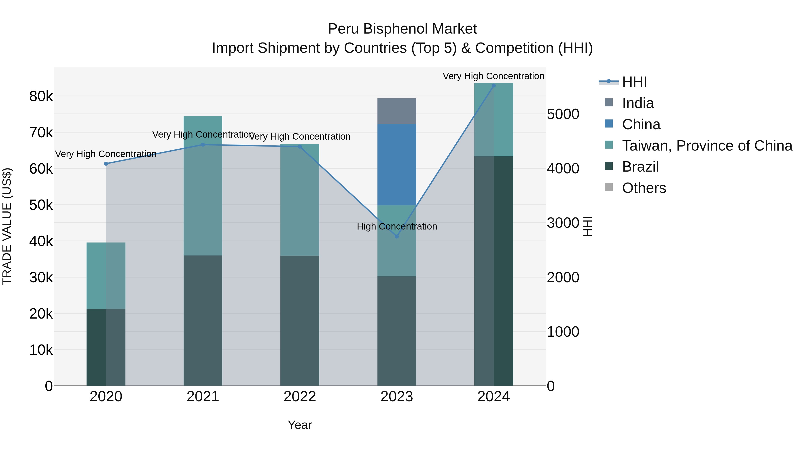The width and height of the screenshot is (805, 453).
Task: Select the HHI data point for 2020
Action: (106, 164)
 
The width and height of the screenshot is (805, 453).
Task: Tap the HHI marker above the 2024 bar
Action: (494, 86)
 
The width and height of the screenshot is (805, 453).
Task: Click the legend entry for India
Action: (638, 103)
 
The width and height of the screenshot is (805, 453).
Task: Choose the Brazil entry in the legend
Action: (640, 167)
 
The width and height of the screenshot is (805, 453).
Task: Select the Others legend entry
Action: (644, 188)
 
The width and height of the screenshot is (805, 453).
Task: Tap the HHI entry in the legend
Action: (634, 82)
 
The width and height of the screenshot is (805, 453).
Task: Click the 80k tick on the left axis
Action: (41, 96)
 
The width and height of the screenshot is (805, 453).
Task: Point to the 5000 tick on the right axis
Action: (563, 114)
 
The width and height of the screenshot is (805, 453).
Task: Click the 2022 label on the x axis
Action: (300, 397)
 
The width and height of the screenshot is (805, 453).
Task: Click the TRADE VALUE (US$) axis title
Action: (7, 226)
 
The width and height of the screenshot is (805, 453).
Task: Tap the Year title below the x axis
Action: (300, 425)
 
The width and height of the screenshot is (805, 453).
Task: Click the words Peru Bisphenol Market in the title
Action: (402, 29)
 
